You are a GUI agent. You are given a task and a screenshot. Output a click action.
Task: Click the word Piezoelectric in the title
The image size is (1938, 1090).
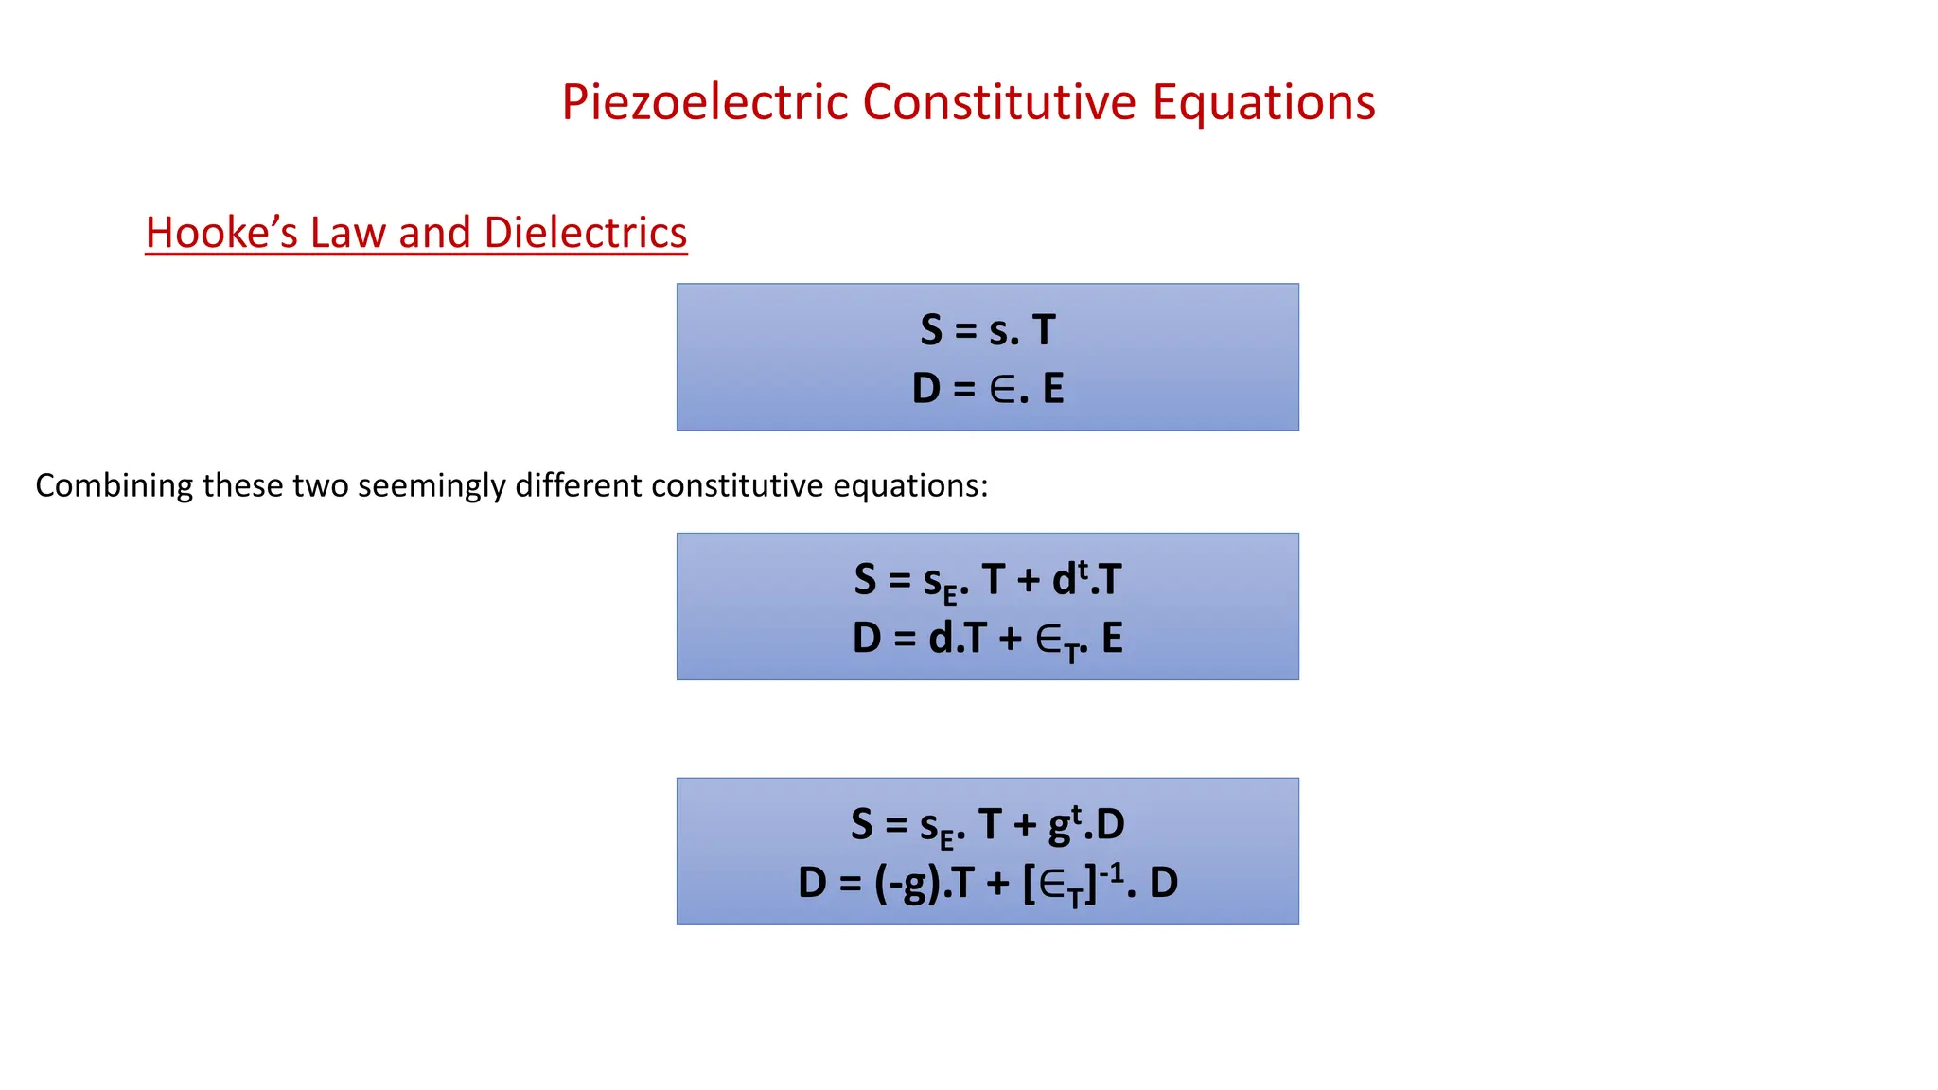[705, 102]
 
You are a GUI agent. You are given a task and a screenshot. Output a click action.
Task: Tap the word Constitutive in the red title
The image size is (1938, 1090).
[999, 102]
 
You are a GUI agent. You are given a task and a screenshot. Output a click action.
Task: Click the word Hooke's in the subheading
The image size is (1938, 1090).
[221, 233]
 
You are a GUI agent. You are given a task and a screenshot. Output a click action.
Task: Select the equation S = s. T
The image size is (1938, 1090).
[987, 330]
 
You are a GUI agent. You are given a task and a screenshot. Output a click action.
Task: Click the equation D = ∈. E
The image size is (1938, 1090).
[987, 389]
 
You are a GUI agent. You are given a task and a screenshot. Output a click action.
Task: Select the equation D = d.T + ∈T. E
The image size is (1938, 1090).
[987, 639]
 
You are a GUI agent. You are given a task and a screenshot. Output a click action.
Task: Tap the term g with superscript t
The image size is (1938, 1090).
[1065, 823]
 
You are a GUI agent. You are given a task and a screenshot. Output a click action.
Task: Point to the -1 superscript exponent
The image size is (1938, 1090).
[1112, 870]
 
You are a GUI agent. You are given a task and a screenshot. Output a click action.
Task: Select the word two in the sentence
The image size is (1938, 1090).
[321, 486]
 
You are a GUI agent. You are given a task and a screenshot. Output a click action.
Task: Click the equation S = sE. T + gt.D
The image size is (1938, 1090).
[987, 825]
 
